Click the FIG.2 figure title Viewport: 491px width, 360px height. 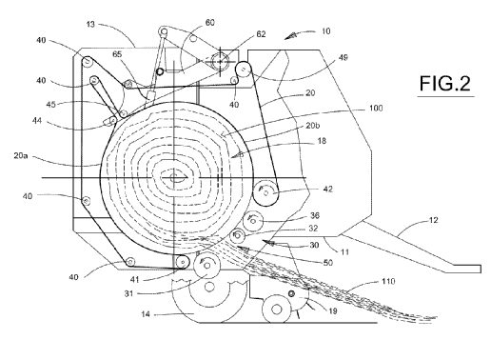(445, 84)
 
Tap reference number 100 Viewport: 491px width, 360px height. (376, 109)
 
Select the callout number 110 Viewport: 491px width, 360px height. (388, 281)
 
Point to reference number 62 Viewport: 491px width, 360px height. (261, 34)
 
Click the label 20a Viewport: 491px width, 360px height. (21, 156)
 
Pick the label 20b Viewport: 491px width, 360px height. (313, 126)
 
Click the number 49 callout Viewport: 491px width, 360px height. (343, 57)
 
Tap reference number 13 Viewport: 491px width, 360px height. (90, 25)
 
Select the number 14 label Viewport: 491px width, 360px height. (146, 314)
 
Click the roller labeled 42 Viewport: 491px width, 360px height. (265, 192)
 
